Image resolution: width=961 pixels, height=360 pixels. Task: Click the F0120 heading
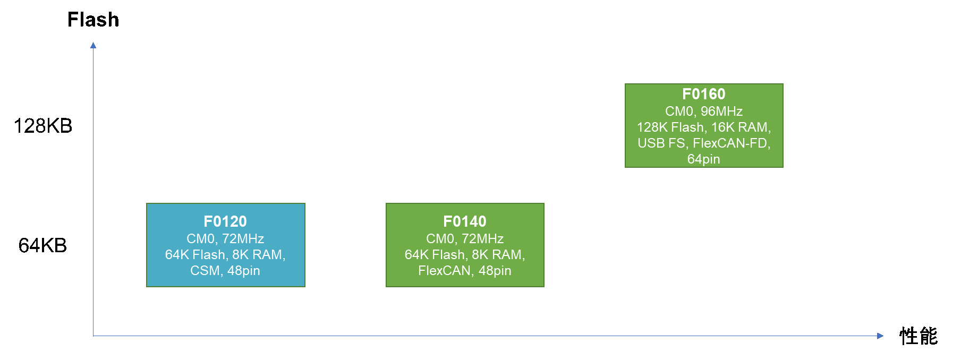point(225,221)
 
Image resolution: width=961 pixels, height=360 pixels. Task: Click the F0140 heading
point(465,221)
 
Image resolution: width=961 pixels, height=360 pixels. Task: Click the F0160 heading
point(704,94)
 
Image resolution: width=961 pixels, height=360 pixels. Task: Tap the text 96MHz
point(721,112)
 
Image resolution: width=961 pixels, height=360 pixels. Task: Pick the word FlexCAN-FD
point(731,143)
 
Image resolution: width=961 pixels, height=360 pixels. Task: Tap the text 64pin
point(704,159)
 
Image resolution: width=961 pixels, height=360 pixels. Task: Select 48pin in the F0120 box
point(244,271)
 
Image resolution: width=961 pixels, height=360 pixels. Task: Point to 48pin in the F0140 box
point(495,271)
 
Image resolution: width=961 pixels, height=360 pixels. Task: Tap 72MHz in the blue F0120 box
point(243,239)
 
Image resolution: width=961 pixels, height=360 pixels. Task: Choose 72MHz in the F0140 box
point(482,239)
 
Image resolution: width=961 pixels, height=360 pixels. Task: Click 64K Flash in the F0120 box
point(195,255)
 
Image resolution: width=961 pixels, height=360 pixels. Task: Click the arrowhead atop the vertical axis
point(93,45)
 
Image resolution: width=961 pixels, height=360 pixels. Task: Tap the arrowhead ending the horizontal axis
point(880,336)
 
